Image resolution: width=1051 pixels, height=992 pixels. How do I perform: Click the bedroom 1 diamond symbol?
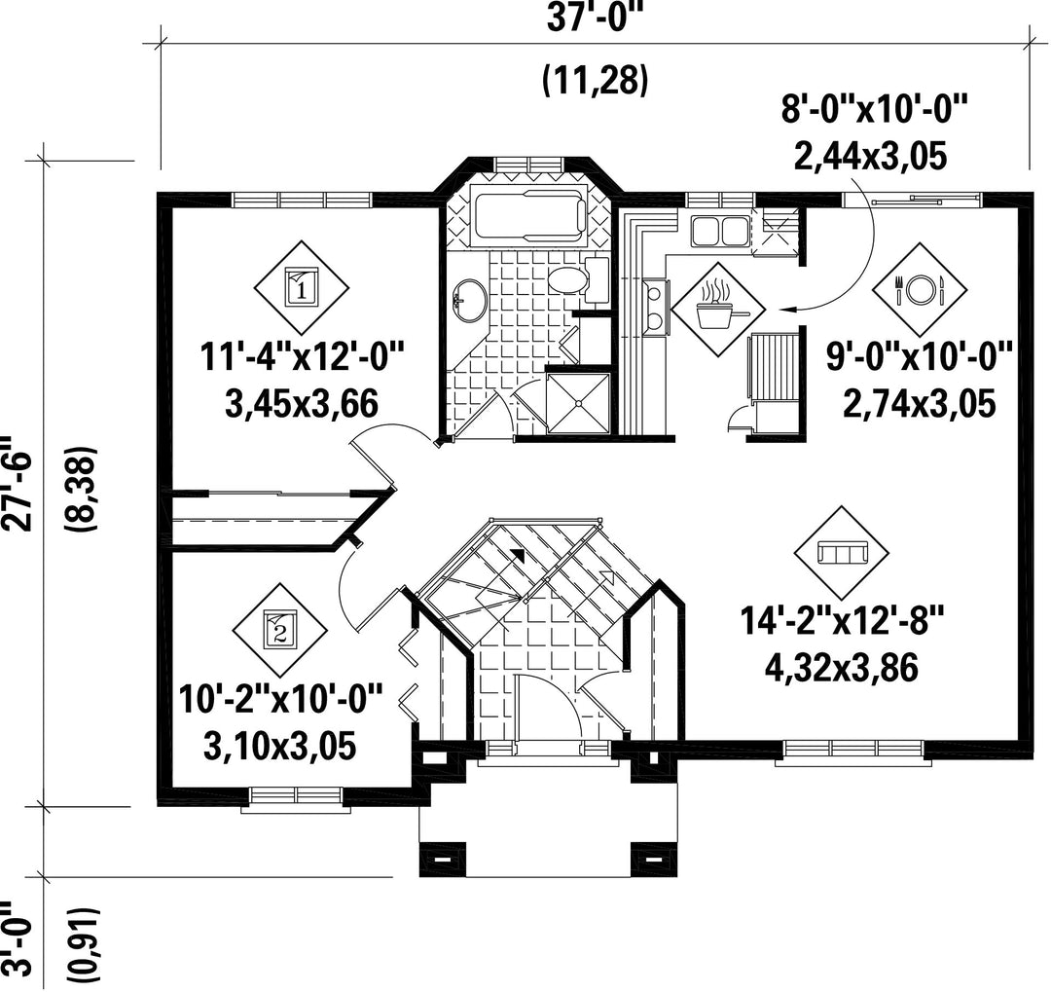[x=302, y=289]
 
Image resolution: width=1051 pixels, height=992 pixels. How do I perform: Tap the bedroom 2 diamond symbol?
[x=280, y=631]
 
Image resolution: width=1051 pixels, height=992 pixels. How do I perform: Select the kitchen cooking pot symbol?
[x=718, y=310]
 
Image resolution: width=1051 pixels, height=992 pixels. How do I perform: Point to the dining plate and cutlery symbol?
[x=920, y=290]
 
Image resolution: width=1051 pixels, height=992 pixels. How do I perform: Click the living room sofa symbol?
[x=843, y=553]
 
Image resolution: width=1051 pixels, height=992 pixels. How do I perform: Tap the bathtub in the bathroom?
[x=529, y=217]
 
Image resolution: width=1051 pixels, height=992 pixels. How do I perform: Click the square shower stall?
[x=578, y=403]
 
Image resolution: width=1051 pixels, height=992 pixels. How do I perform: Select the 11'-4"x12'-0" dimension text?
[x=303, y=355]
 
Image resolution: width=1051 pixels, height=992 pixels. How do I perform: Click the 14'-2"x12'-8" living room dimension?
[x=842, y=620]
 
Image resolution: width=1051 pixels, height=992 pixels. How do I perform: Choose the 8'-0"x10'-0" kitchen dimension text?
[x=876, y=109]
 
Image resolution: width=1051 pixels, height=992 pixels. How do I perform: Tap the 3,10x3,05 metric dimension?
[x=279, y=747]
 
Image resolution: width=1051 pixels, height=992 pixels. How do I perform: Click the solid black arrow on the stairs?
[x=517, y=554]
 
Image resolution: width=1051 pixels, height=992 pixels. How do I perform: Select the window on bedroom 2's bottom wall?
[x=296, y=795]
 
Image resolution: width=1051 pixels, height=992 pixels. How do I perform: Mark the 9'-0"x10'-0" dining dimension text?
[x=919, y=356]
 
